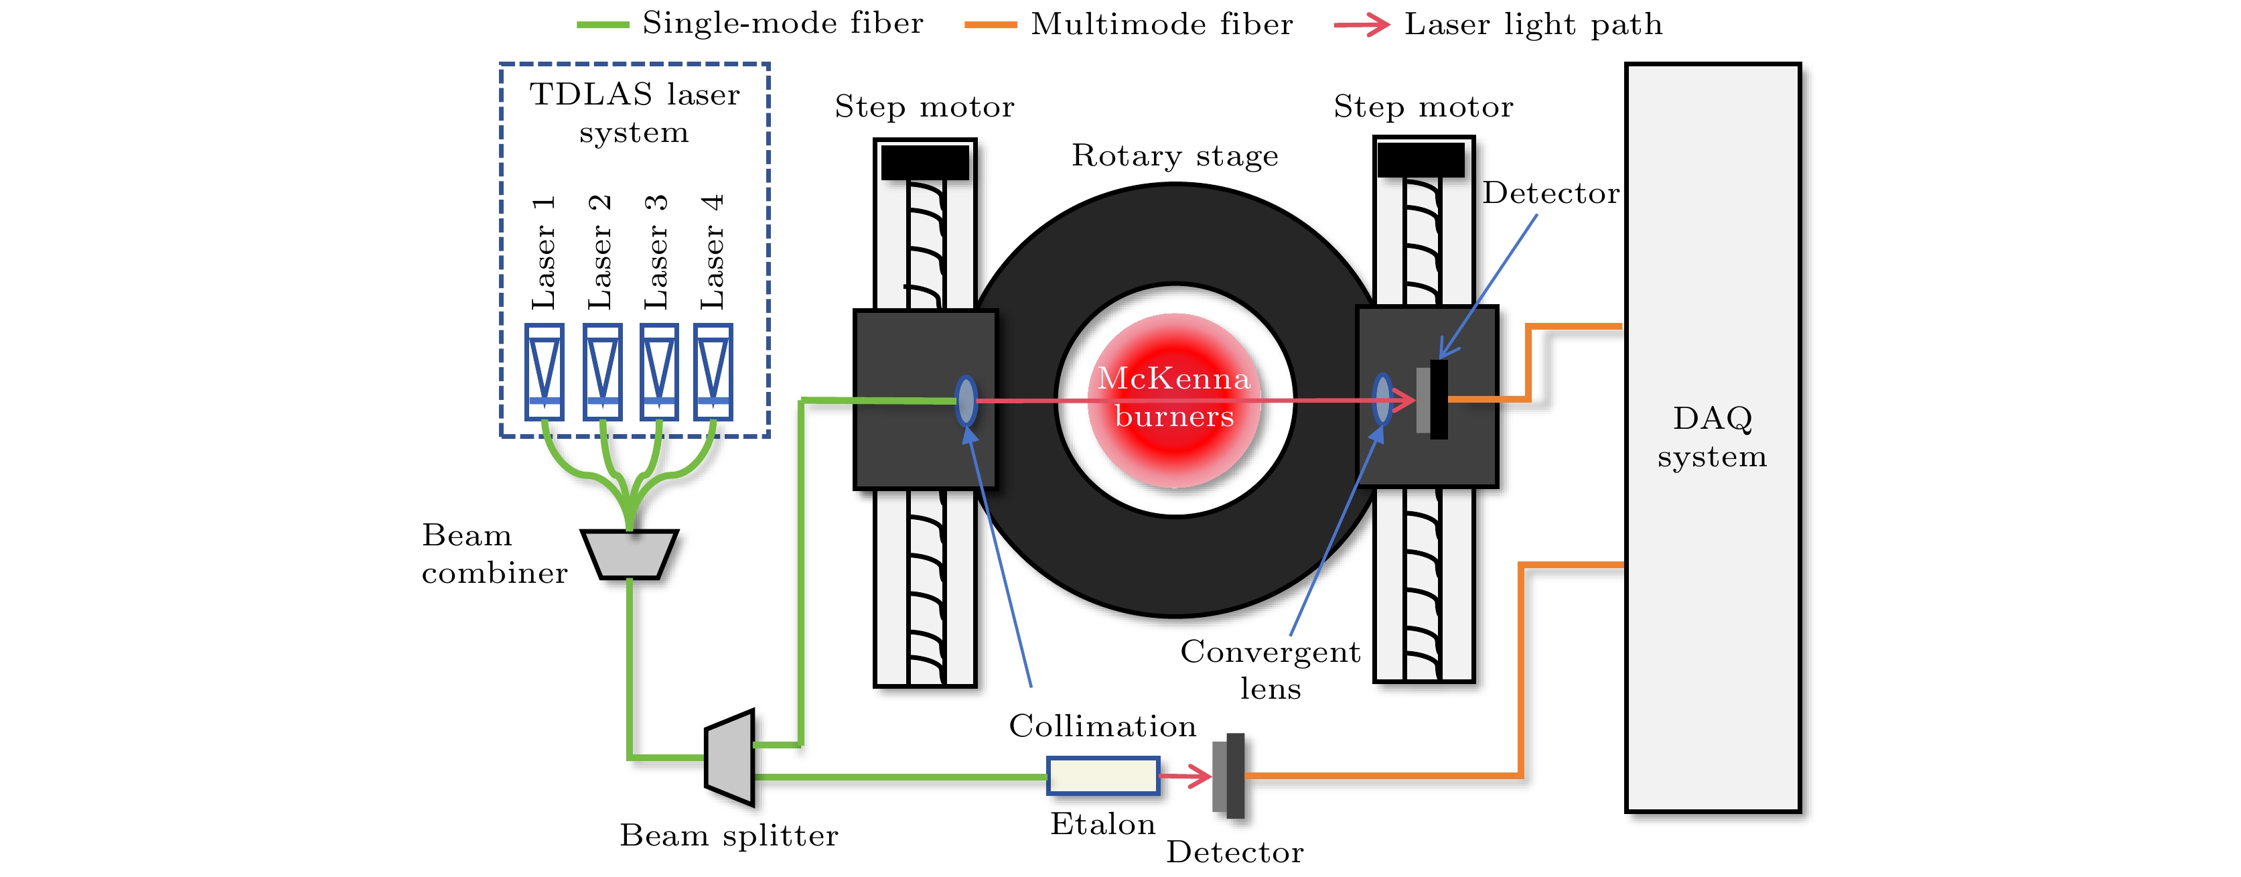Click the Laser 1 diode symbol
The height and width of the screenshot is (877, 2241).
click(545, 372)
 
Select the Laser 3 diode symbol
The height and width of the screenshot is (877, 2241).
click(658, 372)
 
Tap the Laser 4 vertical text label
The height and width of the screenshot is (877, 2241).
click(713, 253)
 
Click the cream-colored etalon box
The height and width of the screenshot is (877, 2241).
click(1102, 775)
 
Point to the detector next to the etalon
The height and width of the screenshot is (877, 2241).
click(1228, 775)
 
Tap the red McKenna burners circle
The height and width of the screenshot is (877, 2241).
click(1175, 400)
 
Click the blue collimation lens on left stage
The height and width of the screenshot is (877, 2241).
click(966, 400)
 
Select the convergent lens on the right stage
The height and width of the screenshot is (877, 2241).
click(1382, 399)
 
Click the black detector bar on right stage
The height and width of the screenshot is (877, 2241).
click(1439, 399)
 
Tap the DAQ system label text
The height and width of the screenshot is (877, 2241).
click(1712, 437)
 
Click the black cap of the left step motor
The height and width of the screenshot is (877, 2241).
click(925, 163)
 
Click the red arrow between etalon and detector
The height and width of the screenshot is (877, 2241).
click(1185, 775)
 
